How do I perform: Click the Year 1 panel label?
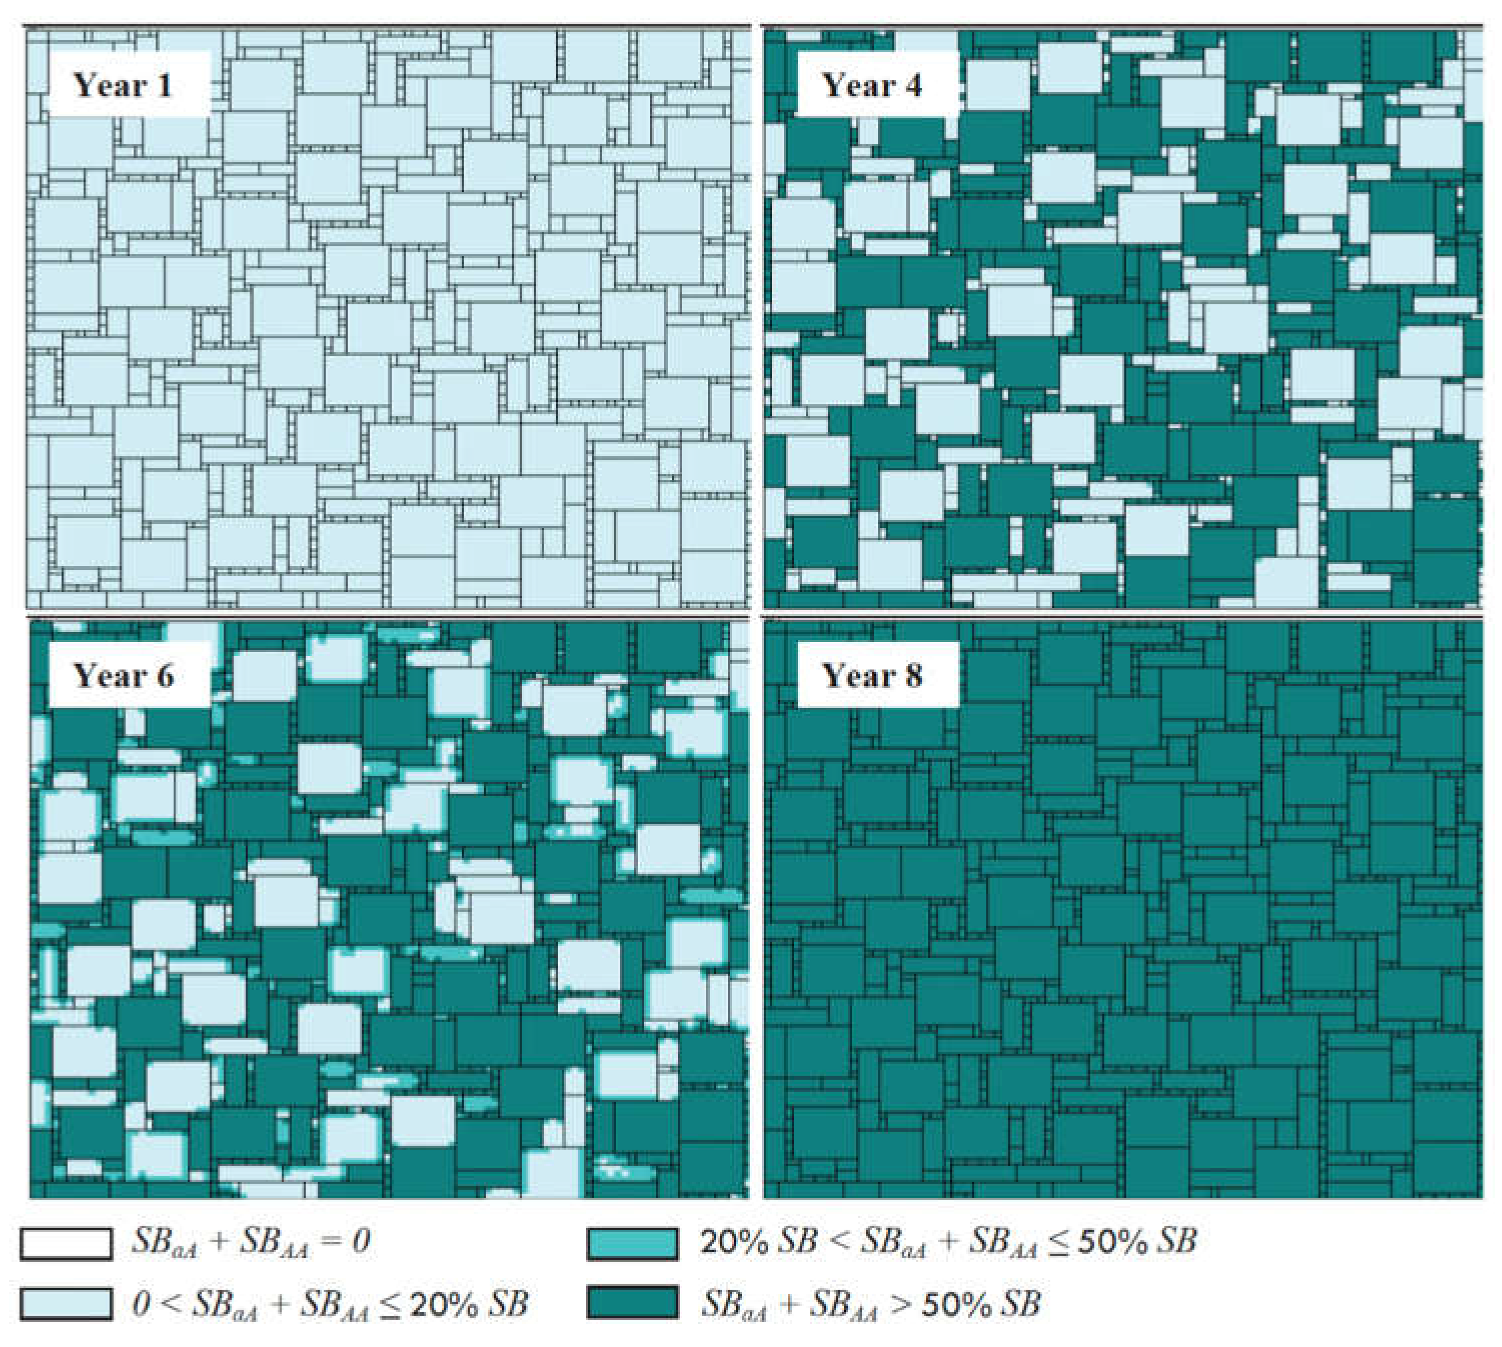click(123, 86)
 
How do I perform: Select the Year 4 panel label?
click(871, 86)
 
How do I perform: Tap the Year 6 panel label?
click(124, 676)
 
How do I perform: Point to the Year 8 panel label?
click(872, 676)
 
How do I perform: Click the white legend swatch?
click(66, 1243)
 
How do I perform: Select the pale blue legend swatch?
click(66, 1304)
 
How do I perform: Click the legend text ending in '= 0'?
click(250, 1242)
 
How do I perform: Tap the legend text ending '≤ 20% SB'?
click(330, 1304)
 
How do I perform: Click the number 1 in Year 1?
click(163, 86)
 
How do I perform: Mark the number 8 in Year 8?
click(912, 676)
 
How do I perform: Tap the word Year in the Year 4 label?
click(856, 86)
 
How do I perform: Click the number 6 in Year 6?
click(164, 676)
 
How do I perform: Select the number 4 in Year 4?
click(912, 86)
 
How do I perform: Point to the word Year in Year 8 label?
click(856, 676)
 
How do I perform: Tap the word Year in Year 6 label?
click(108, 676)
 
